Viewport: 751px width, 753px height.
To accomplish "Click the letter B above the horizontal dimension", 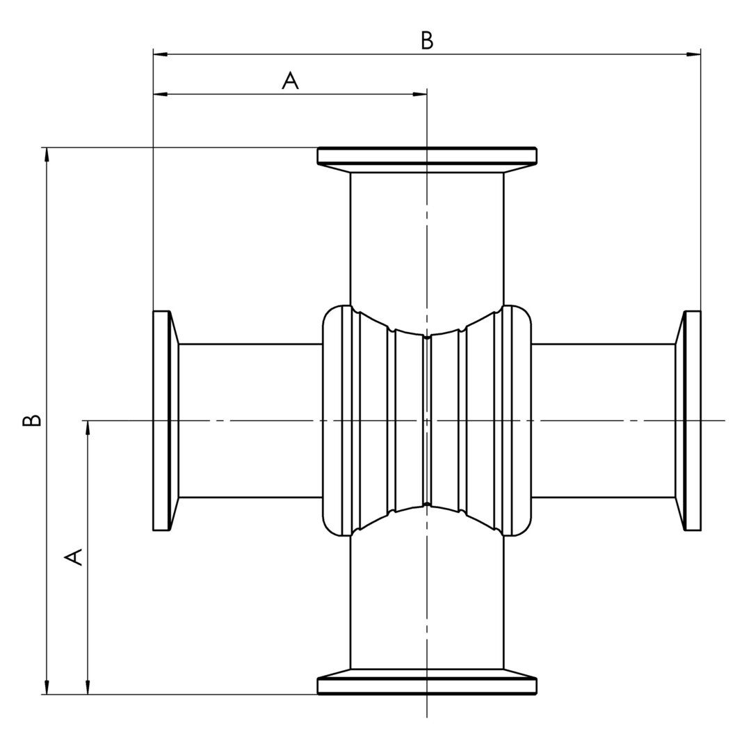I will [x=427, y=40].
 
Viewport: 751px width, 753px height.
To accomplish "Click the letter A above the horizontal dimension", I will [x=290, y=80].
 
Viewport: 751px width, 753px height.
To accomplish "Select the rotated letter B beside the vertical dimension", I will [x=32, y=420].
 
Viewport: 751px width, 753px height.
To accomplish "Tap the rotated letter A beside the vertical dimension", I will [x=73, y=557].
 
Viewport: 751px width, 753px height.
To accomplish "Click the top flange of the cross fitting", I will [x=427, y=156].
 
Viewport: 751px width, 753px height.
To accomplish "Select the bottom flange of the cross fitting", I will [x=427, y=685].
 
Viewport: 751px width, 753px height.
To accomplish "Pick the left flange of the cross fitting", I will [x=161, y=420].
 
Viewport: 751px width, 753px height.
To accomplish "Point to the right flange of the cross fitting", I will [x=693, y=420].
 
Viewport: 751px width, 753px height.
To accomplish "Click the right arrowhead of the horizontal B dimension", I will [x=693, y=54].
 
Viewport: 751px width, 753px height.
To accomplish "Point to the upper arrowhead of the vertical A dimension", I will [x=88, y=428].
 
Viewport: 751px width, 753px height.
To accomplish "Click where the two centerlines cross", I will [x=427, y=420].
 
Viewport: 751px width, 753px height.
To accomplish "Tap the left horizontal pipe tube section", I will [x=250, y=420].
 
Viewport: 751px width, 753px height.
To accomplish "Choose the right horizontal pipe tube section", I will [x=603, y=420].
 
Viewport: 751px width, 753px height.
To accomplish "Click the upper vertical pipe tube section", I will [x=427, y=237].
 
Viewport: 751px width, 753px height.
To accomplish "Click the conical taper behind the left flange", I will [x=175, y=420].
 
